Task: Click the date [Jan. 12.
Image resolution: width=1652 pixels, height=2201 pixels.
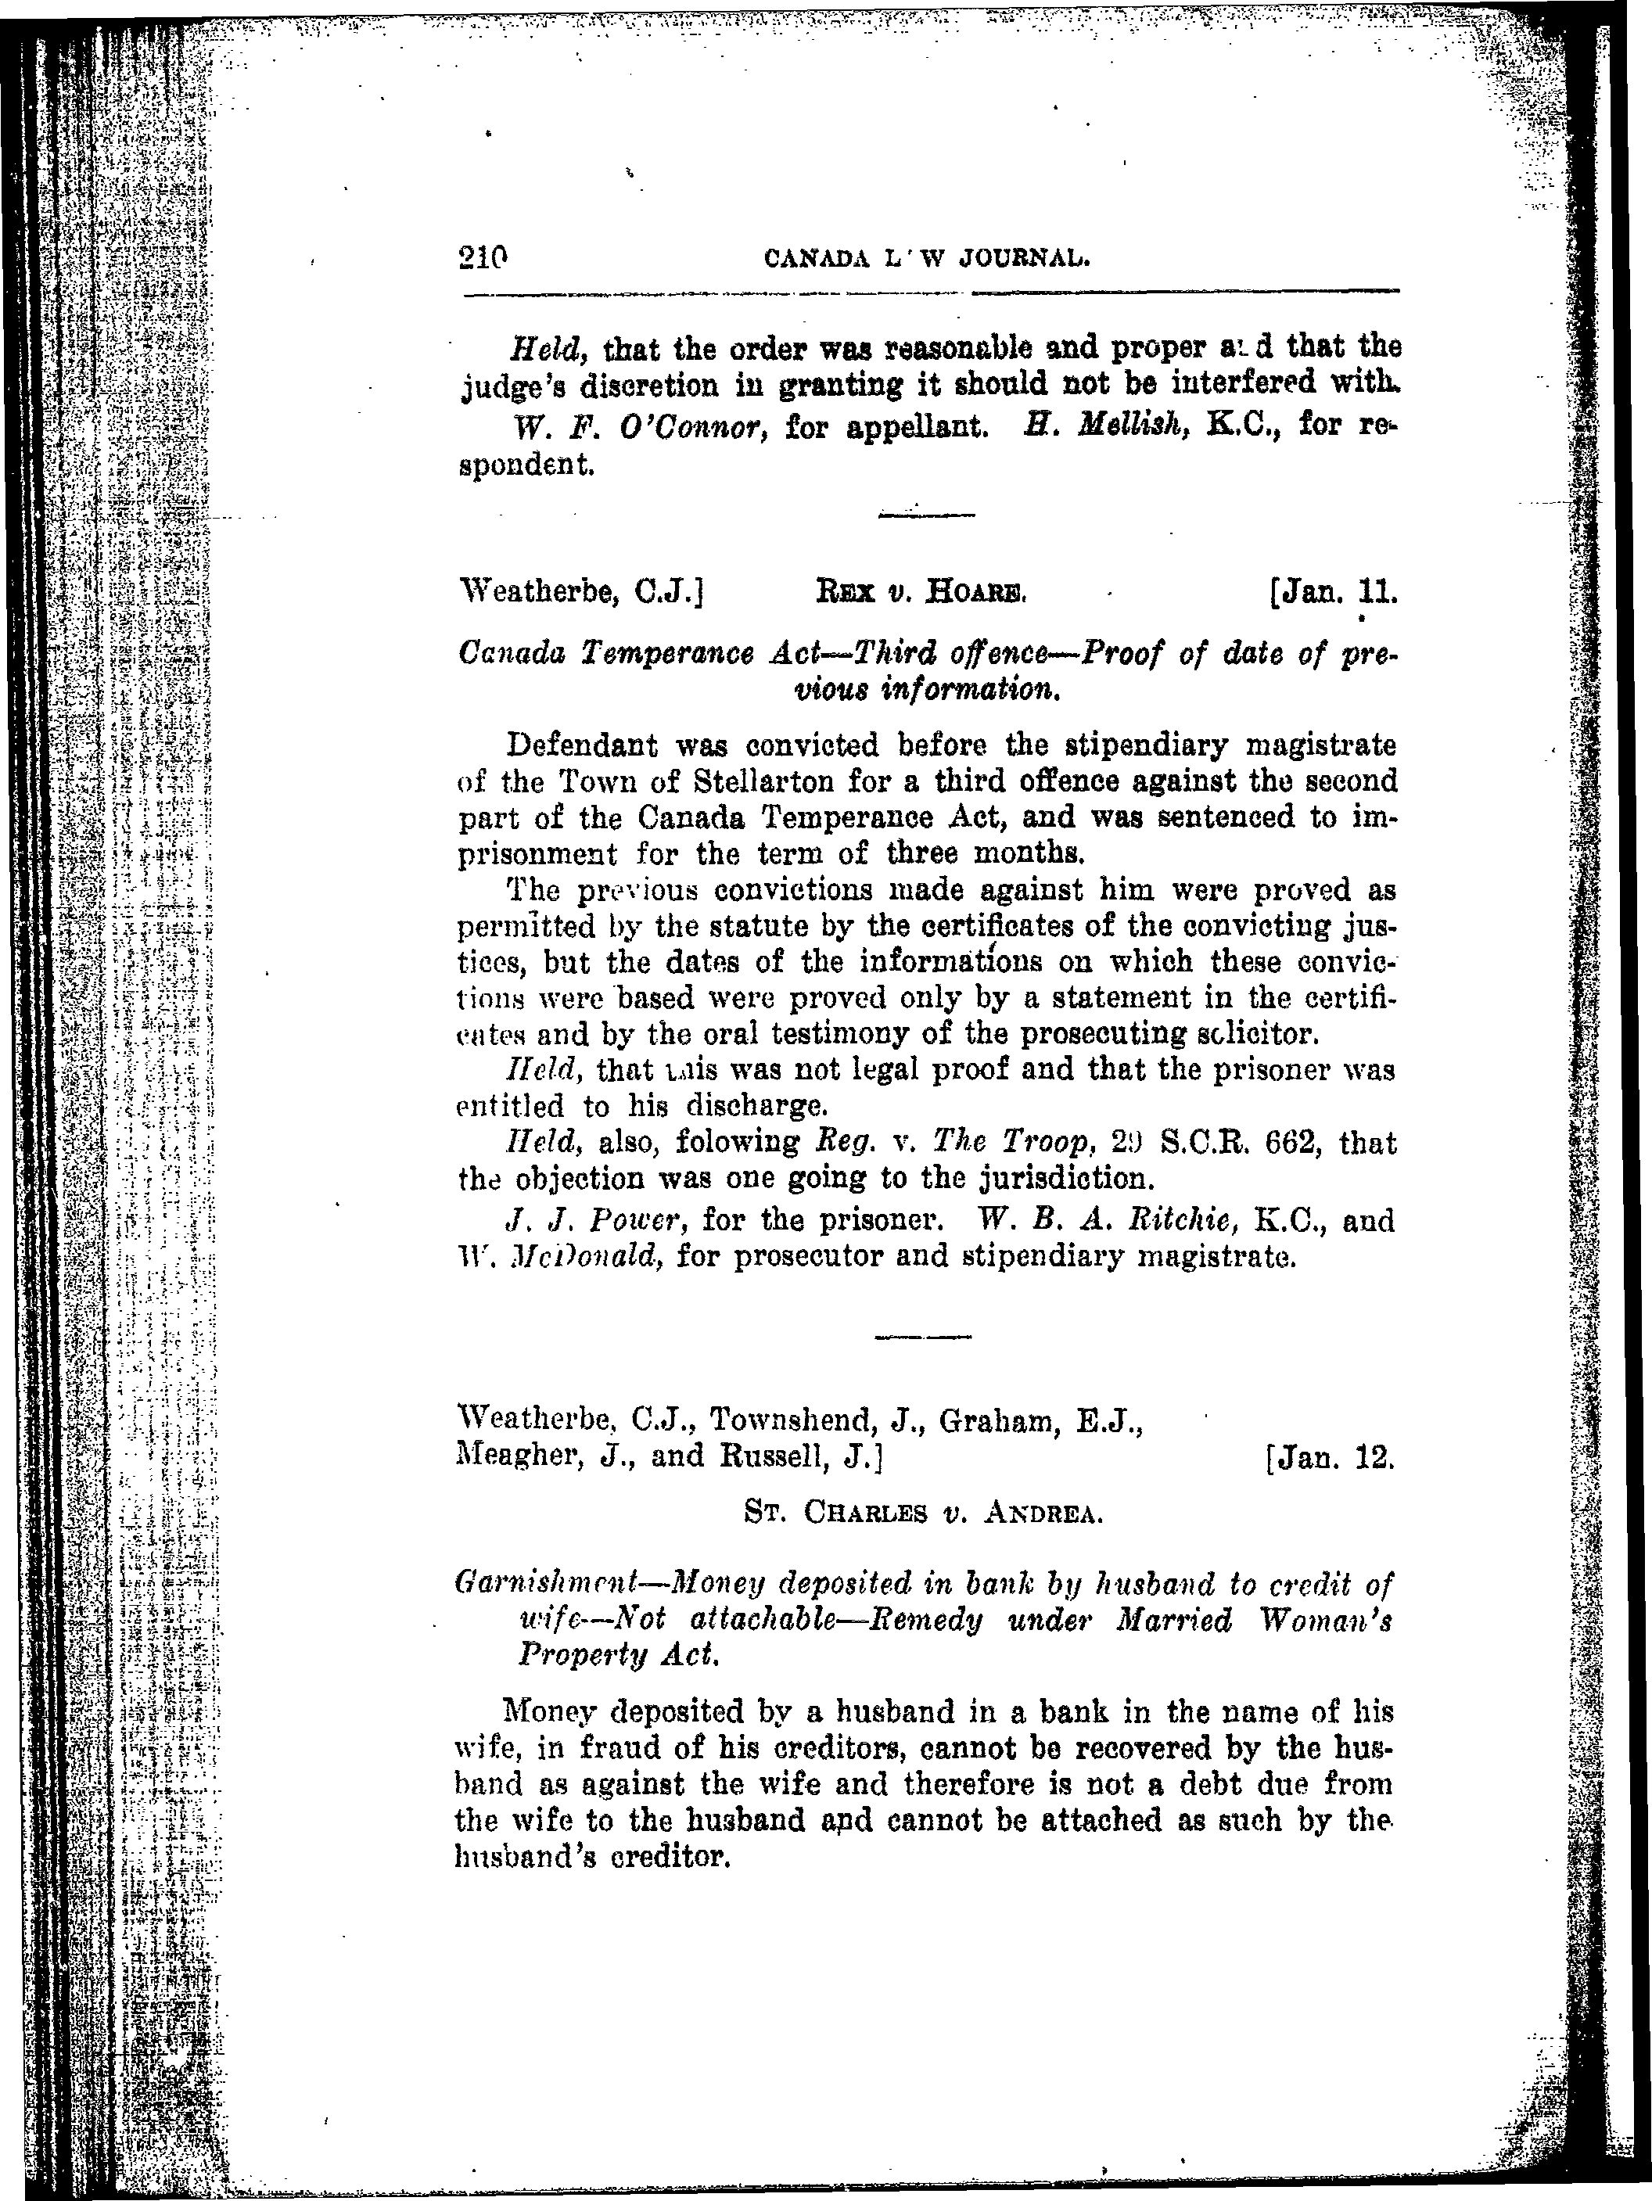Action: (1331, 1459)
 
